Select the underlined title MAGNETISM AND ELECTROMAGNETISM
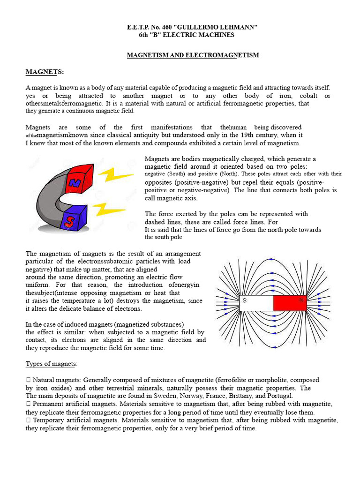pos(193,55)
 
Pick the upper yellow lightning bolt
pos(114,176)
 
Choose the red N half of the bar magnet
pos(290,303)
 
